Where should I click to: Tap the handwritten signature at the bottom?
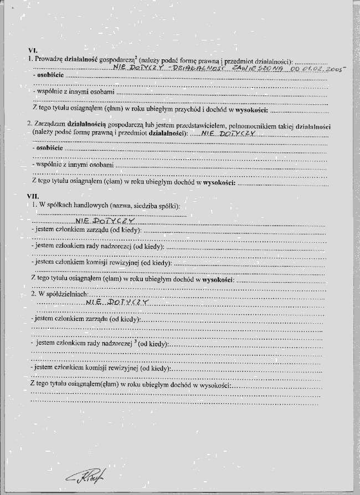pos(88,472)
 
